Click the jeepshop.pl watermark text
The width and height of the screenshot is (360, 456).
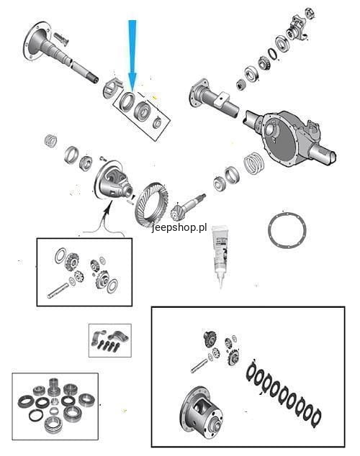pos(179,227)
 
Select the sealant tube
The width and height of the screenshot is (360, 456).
pos(220,256)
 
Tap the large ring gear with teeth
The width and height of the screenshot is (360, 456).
pos(152,204)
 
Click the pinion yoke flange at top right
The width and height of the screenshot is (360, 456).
pos(297,28)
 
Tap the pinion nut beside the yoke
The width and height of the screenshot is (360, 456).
pos(310,14)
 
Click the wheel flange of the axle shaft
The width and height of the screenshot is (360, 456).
pos(37,41)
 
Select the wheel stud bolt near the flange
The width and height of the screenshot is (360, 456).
pos(60,39)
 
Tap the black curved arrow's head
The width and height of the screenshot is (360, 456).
pos(109,206)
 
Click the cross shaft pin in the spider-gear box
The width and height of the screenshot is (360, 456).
pos(58,291)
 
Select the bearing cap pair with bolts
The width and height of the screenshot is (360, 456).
pos(109,340)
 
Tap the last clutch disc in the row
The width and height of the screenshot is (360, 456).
pos(316,416)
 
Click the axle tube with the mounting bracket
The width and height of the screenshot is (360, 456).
pos(215,99)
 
